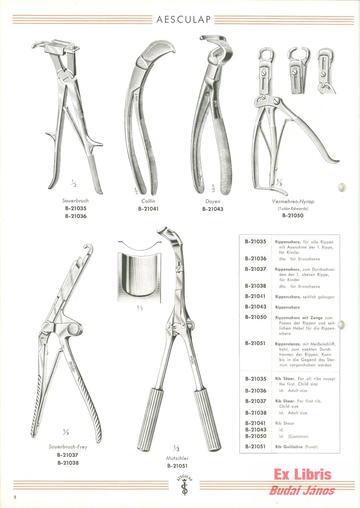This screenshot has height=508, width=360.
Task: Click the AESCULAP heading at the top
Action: point(183,20)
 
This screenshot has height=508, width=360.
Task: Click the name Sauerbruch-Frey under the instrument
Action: point(68,447)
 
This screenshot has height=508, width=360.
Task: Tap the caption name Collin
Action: point(148,201)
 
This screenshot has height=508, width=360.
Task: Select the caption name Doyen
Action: point(212,201)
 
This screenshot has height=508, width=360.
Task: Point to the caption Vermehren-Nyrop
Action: point(293,201)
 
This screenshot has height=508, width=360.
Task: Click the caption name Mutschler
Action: point(177,458)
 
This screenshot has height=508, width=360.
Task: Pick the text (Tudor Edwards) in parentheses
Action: point(293,208)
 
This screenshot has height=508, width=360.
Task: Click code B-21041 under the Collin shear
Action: point(148,209)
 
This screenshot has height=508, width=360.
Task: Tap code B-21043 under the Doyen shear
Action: point(212,209)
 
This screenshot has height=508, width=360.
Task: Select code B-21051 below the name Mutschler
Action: point(177,466)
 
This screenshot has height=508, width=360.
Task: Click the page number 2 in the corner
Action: point(15,497)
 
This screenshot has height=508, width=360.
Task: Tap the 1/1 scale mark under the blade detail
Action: point(140,308)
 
